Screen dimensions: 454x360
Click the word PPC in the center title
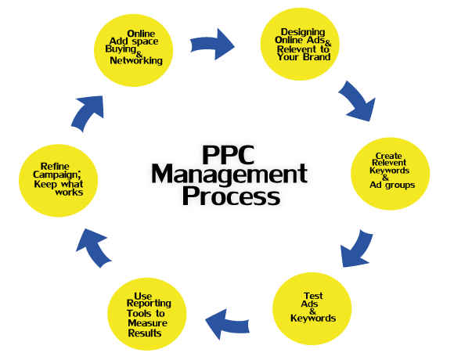(229, 154)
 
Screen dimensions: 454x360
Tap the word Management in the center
(229, 174)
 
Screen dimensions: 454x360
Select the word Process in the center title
(231, 196)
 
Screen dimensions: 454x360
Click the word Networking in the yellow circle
(136, 60)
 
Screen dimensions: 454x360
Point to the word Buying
(121, 49)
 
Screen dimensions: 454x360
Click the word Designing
(303, 32)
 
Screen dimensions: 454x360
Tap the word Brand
(316, 56)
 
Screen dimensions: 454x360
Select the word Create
(388, 156)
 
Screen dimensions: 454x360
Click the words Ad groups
(392, 185)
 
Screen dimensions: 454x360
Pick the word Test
(313, 296)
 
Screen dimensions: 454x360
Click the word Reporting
(149, 304)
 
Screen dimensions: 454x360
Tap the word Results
(145, 333)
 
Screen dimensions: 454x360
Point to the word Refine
(55, 167)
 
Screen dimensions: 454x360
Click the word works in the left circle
(69, 193)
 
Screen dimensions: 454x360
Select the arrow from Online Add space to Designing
(212, 45)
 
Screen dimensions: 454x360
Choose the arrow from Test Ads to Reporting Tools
(227, 324)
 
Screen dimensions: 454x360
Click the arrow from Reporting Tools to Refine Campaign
(92, 247)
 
